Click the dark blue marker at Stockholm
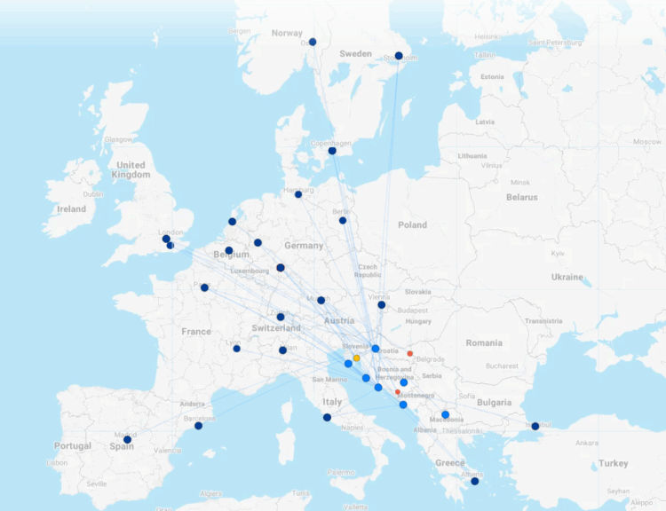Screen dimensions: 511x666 pyautogui.click(x=399, y=56)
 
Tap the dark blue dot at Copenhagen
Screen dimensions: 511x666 pyautogui.click(x=332, y=151)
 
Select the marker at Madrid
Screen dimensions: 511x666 pyautogui.click(x=127, y=439)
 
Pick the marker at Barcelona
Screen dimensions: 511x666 pyautogui.click(x=198, y=426)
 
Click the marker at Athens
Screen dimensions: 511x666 pyautogui.click(x=474, y=481)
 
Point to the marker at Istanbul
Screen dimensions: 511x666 pyautogui.click(x=535, y=426)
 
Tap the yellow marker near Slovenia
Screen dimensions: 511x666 pyautogui.click(x=356, y=358)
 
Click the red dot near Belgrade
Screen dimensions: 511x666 pyautogui.click(x=410, y=353)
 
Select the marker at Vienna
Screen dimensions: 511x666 pyautogui.click(x=381, y=304)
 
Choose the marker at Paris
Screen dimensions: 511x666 pyautogui.click(x=204, y=287)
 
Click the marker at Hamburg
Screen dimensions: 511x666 pyautogui.click(x=298, y=194)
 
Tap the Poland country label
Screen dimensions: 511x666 pyautogui.click(x=412, y=224)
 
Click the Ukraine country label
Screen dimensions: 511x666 pyautogui.click(x=568, y=277)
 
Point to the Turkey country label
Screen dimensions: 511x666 pyautogui.click(x=613, y=463)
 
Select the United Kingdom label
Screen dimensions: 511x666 pyautogui.click(x=131, y=169)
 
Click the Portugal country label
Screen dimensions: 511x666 pyautogui.click(x=72, y=445)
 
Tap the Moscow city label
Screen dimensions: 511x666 pyautogui.click(x=646, y=141)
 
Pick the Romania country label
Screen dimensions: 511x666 pyautogui.click(x=484, y=342)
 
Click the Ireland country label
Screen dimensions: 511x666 pyautogui.click(x=71, y=209)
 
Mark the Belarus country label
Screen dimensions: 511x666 pyautogui.click(x=521, y=197)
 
